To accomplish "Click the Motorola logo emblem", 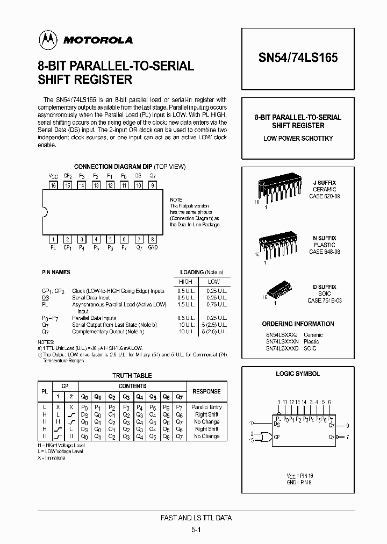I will tap(47, 39).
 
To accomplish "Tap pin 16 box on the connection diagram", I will tap(53, 185).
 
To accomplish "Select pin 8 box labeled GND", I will tap(153, 239).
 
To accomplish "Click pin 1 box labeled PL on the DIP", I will tap(53, 239).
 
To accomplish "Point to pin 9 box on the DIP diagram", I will tap(153, 185).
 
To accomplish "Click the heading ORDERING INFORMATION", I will tap(298, 324).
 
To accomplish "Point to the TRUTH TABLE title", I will tap(132, 376).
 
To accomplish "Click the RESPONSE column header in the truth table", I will tap(206, 391).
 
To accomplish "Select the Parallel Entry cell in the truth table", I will tap(206, 407).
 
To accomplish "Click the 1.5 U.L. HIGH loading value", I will tap(185, 304).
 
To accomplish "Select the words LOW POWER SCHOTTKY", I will tap(298, 138).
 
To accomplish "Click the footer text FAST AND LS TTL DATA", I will tap(196, 518).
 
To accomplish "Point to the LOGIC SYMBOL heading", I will tap(298, 374).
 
